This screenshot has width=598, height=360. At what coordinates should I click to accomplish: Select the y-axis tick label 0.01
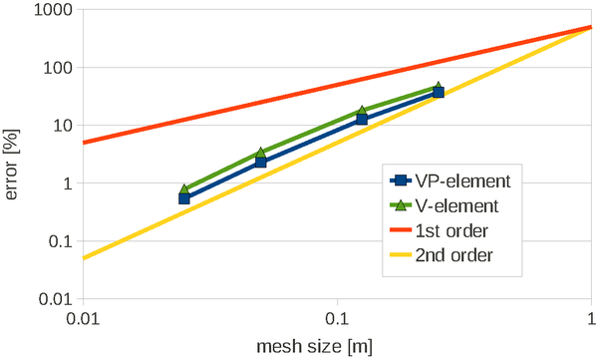click(58, 299)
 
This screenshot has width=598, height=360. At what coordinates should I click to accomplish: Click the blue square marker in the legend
click(400, 181)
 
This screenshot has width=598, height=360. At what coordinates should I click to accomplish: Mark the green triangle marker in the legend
click(400, 205)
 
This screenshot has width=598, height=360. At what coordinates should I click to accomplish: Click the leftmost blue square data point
click(184, 198)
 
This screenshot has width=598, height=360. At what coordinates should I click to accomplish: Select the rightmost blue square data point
click(439, 93)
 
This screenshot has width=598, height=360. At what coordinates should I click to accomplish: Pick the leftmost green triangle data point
click(184, 188)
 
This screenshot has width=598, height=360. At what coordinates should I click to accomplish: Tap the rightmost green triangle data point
click(439, 87)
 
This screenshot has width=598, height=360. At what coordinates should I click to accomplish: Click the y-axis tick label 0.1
click(63, 241)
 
